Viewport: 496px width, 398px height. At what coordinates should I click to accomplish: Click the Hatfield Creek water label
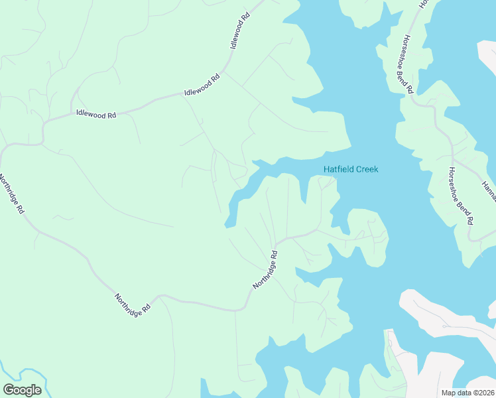[351, 169]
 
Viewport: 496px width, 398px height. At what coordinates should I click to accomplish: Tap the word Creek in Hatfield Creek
[367, 169]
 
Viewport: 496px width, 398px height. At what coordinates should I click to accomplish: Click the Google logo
[22, 390]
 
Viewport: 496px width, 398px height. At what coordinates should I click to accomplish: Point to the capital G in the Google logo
[9, 390]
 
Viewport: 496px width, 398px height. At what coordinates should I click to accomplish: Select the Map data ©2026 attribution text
[468, 393]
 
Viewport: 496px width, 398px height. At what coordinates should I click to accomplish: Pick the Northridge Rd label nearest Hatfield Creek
[265, 269]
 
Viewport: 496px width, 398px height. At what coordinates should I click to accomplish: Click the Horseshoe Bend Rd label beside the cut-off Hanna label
[461, 195]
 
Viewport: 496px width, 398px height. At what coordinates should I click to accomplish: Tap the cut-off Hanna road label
[489, 191]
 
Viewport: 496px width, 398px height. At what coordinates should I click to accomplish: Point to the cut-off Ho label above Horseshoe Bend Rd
[422, 4]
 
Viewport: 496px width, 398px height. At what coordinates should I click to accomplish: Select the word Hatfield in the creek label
[338, 169]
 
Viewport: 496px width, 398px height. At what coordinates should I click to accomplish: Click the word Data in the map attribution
[460, 393]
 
